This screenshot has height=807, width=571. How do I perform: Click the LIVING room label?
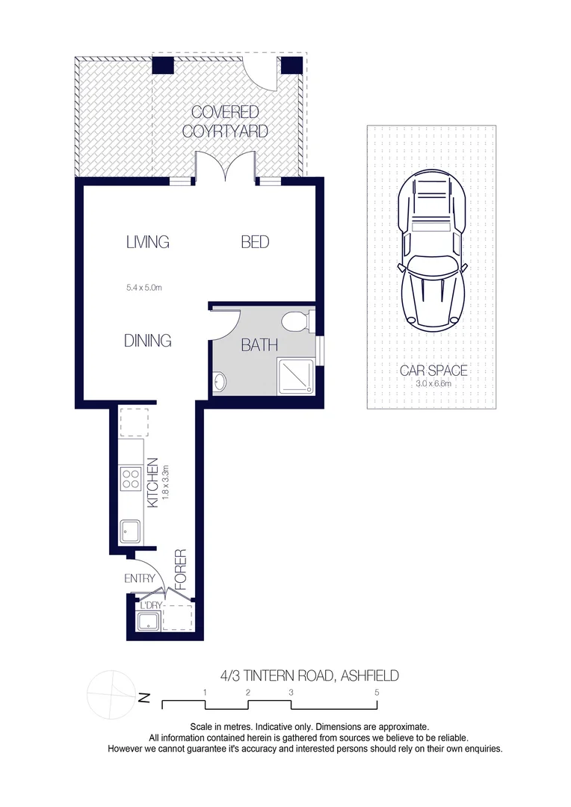pyautogui.click(x=147, y=242)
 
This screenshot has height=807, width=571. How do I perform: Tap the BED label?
pyautogui.click(x=255, y=242)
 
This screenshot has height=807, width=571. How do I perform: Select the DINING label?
pyautogui.click(x=147, y=341)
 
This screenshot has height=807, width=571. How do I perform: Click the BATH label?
pyautogui.click(x=259, y=345)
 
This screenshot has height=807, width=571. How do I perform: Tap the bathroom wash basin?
pyautogui.click(x=218, y=383)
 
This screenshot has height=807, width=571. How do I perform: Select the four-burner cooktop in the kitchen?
pyautogui.click(x=129, y=478)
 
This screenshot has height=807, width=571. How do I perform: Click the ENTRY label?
pyautogui.click(x=140, y=578)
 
